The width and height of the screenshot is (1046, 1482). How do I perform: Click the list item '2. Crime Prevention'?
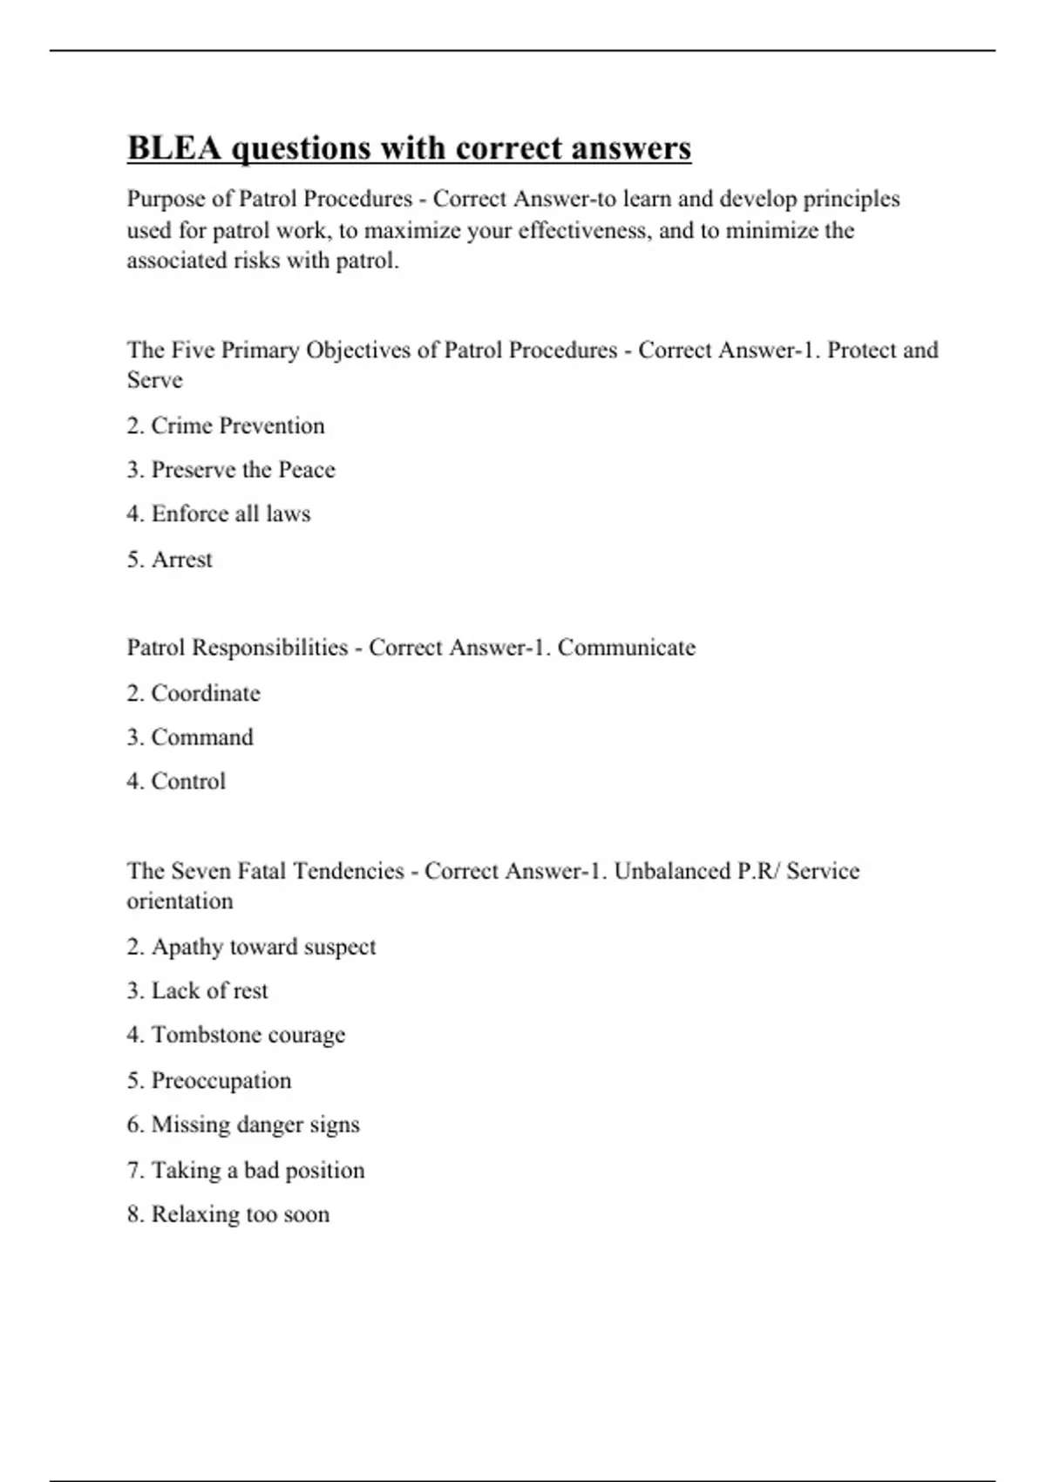tap(225, 425)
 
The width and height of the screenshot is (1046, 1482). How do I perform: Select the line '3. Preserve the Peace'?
tap(230, 470)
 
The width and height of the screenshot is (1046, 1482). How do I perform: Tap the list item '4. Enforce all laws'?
tap(218, 514)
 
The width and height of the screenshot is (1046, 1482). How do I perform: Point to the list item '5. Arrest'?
tap(169, 560)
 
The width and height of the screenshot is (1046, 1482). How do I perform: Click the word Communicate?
tap(626, 648)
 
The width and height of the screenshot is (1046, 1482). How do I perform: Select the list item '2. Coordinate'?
tap(193, 693)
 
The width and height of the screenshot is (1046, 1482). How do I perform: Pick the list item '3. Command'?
tap(189, 738)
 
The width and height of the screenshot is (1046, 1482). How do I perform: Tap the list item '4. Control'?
tap(175, 781)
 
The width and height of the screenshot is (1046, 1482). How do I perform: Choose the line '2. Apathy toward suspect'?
tap(251, 947)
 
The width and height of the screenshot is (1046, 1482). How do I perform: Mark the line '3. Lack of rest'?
tap(197, 991)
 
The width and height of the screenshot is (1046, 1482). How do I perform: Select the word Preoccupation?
tap(221, 1081)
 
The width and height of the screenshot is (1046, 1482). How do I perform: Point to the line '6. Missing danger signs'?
tap(242, 1125)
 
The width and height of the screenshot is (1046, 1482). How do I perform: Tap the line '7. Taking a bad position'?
tap(245, 1170)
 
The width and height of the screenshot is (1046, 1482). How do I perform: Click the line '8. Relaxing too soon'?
tap(228, 1214)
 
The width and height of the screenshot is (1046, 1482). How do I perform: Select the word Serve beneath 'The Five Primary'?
tap(154, 380)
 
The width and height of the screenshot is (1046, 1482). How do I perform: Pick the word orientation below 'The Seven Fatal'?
tap(180, 901)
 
